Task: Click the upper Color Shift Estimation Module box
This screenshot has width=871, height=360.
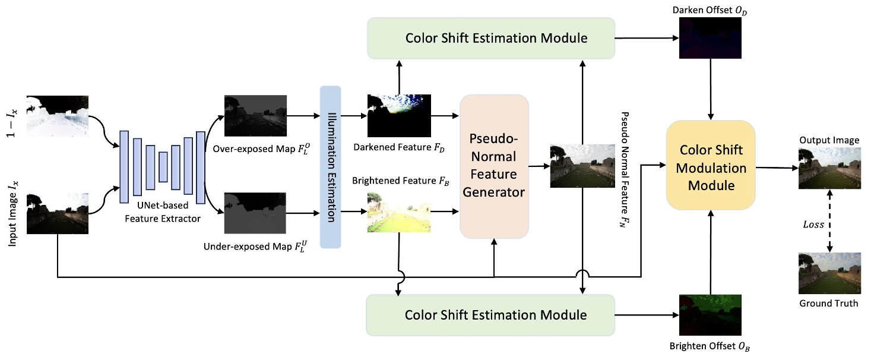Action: tap(490, 38)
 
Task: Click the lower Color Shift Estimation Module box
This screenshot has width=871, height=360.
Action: tap(490, 315)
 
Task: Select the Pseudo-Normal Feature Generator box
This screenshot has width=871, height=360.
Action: tap(494, 166)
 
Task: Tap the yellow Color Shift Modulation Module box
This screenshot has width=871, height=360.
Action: tap(711, 165)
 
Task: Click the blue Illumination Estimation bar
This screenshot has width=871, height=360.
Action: tap(330, 167)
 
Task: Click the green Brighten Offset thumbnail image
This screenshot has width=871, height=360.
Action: tap(710, 315)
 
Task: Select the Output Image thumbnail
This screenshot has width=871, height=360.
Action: tap(829, 168)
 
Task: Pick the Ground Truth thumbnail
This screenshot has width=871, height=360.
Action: tap(829, 273)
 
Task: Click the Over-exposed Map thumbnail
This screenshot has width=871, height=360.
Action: tap(255, 115)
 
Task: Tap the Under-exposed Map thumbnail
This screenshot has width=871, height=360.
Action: tap(255, 213)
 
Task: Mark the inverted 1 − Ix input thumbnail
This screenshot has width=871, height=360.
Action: tap(58, 116)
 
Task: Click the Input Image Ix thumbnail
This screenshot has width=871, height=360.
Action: tap(58, 213)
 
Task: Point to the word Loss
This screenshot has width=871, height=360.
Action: tap(813, 225)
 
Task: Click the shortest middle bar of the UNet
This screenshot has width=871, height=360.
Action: tap(163, 167)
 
